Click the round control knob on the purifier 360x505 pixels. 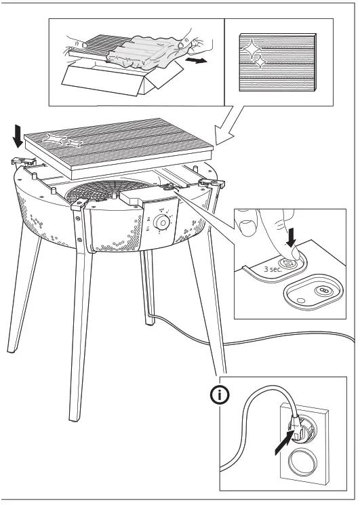(162, 222)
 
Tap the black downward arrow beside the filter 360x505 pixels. (17, 134)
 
